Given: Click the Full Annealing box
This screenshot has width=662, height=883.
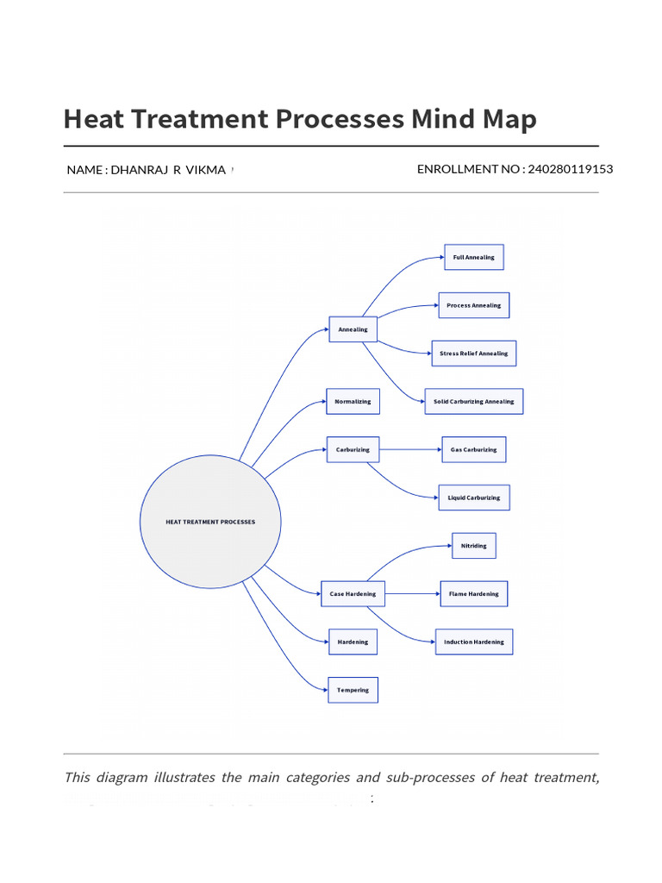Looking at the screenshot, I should coord(473,258).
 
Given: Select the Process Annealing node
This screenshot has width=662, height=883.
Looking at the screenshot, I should coord(473,305).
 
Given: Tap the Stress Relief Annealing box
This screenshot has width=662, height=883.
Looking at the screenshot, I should coord(473,354).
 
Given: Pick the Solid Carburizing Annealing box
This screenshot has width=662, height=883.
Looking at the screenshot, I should coord(473,402).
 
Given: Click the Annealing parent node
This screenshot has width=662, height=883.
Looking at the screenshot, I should coord(353,329).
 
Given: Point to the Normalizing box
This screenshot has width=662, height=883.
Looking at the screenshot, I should coord(353,402).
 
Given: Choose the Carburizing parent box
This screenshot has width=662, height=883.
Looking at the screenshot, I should coord(353,450).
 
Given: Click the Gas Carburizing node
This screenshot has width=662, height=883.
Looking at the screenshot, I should coord(473,450).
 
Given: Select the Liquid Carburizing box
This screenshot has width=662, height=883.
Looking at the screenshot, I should coord(473,498).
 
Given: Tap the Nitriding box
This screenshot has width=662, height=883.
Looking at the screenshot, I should coord(473,546).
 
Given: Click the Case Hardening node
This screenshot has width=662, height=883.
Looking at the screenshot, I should coord(353,594).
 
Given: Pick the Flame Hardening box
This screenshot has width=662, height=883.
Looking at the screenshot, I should coord(473,594).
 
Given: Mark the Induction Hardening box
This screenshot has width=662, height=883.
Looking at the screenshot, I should coord(473,642).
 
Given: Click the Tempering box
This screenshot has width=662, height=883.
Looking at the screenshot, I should coord(353,690).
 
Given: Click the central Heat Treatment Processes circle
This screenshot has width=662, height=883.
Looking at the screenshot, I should coord(210,522).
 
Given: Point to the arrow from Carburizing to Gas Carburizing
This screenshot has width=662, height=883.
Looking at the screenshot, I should coord(410,450).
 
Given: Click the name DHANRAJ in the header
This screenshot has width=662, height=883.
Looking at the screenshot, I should coord(139,170).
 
